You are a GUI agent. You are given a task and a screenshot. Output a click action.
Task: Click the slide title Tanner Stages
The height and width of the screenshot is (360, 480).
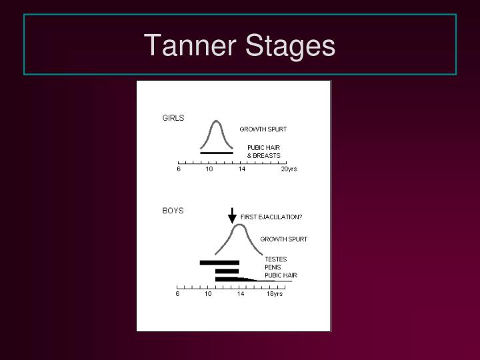pyautogui.click(x=239, y=46)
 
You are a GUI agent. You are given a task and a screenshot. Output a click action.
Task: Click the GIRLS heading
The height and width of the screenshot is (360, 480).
pyautogui.click(x=173, y=118)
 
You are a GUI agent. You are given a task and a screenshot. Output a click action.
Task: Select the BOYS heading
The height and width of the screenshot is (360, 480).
pyautogui.click(x=173, y=211)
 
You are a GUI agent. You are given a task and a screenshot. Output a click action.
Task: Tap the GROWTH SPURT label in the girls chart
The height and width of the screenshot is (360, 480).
pyautogui.click(x=263, y=129)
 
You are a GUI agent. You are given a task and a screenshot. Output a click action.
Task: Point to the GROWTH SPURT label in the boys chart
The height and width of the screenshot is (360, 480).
pyautogui.click(x=283, y=239)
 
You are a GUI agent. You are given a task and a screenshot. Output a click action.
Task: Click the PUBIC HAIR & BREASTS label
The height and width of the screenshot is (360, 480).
pyautogui.click(x=263, y=151)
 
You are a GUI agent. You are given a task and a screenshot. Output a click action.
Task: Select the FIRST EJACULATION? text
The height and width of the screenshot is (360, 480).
pyautogui.click(x=271, y=217)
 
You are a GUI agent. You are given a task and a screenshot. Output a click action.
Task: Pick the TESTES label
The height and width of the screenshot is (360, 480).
pyautogui.click(x=275, y=259)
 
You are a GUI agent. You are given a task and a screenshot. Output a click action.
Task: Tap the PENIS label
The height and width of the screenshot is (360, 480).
pyautogui.click(x=273, y=267)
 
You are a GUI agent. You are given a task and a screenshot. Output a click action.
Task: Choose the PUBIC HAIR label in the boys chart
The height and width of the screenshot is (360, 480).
pyautogui.click(x=281, y=275)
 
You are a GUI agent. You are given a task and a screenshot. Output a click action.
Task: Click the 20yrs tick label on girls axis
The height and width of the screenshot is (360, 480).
pyautogui.click(x=289, y=169)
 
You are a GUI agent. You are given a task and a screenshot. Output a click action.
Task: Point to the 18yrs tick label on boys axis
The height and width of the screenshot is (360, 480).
pyautogui.click(x=275, y=294)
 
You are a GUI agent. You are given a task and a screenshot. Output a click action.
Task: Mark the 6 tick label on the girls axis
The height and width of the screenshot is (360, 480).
pyautogui.click(x=179, y=169)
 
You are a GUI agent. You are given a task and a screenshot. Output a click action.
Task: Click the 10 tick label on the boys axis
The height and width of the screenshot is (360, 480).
pyautogui.click(x=208, y=294)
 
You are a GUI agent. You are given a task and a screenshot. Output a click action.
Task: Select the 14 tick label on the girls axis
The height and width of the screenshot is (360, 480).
pyautogui.click(x=241, y=169)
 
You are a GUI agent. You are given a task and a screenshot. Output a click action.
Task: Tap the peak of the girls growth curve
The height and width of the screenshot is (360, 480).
pyautogui.click(x=216, y=121)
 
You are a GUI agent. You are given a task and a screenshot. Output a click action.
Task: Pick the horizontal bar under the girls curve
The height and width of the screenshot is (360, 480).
pyautogui.click(x=217, y=153)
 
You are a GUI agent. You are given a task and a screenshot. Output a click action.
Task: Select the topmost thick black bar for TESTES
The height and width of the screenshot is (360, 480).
pyautogui.click(x=219, y=263)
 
